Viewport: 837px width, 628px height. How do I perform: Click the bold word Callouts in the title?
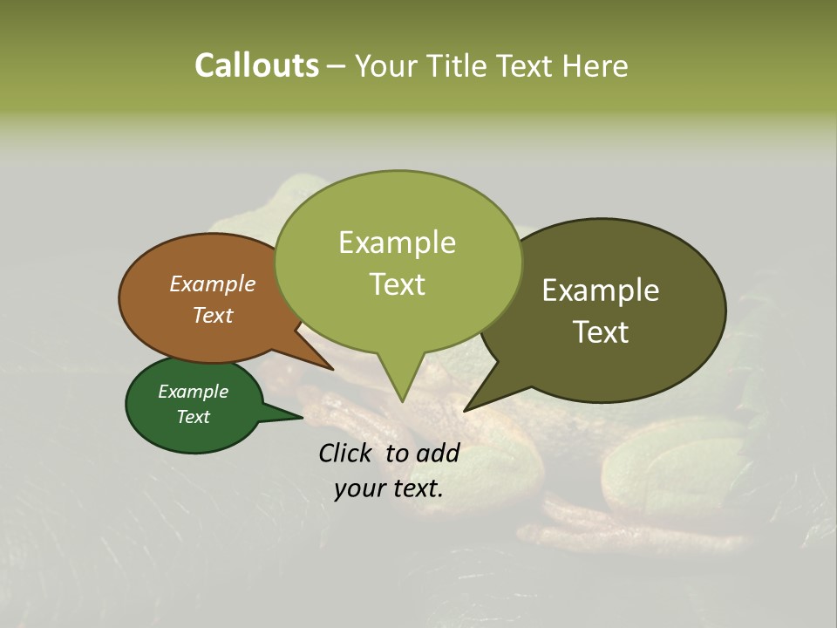[256, 65]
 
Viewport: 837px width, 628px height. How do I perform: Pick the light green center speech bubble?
[398, 262]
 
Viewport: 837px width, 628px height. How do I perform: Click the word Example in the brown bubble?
[212, 283]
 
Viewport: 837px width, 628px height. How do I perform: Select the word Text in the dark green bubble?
[194, 417]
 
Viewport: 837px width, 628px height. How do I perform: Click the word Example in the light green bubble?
[397, 242]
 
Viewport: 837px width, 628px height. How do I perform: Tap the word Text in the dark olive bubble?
[601, 332]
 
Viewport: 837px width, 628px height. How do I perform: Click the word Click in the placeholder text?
[345, 453]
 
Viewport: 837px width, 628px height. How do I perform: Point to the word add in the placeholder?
[437, 453]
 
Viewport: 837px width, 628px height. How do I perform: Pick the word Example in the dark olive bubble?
[601, 290]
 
